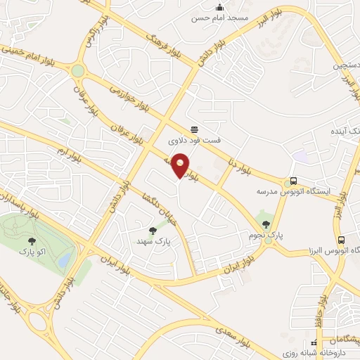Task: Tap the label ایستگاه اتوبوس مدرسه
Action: pos(292,191)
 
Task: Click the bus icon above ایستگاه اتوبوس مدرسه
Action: pos(292,181)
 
